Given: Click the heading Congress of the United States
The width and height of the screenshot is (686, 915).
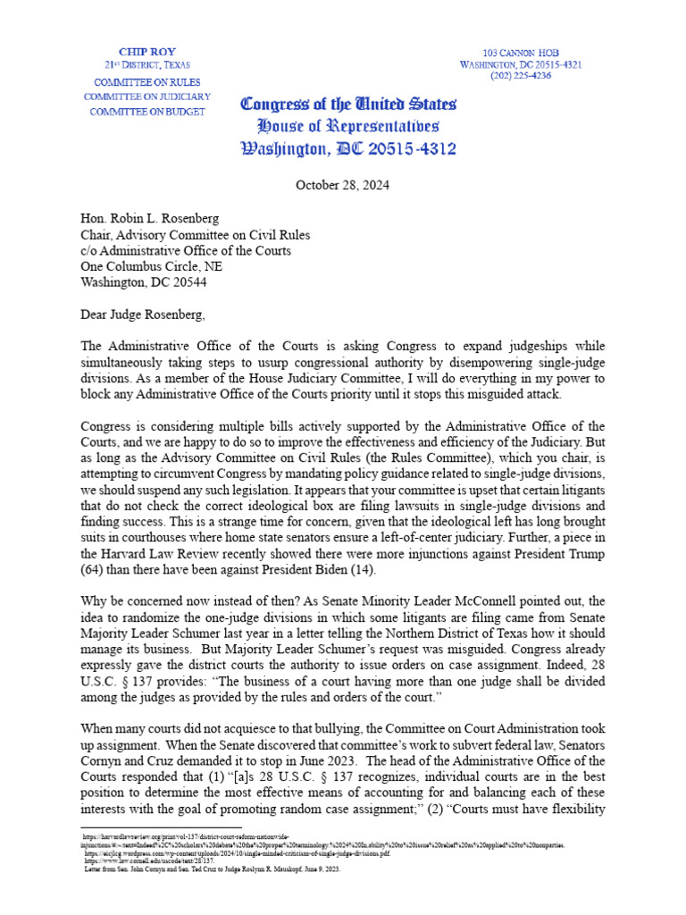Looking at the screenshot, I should pyautogui.click(x=348, y=104).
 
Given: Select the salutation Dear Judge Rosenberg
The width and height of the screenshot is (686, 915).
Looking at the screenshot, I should pyautogui.click(x=147, y=314).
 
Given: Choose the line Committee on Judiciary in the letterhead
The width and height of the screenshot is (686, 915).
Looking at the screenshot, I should pyautogui.click(x=146, y=96).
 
